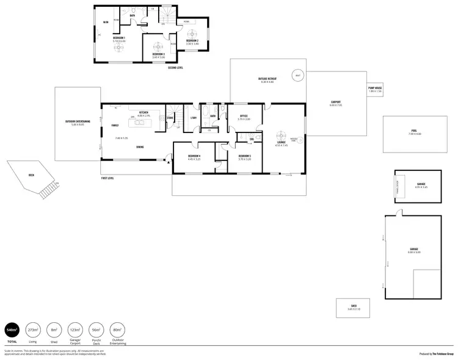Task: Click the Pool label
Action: tap(416, 131)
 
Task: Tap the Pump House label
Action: tap(375, 88)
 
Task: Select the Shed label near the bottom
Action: tap(354, 307)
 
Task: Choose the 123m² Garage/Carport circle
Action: tap(75, 330)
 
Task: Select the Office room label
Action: tap(243, 116)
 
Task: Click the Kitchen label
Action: tap(144, 113)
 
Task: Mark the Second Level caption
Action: tap(175, 68)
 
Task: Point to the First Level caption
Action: tap(109, 178)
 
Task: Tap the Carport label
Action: tap(335, 102)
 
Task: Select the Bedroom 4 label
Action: tap(194, 156)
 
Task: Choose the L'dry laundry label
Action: tap(193, 118)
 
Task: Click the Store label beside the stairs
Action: tap(170, 118)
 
